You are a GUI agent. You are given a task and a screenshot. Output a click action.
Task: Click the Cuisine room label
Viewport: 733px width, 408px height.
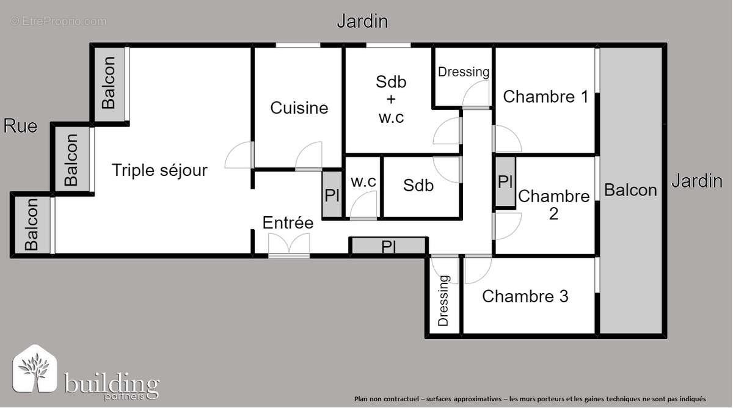coord(299,108)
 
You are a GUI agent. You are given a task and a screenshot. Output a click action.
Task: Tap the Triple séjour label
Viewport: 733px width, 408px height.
coord(159,170)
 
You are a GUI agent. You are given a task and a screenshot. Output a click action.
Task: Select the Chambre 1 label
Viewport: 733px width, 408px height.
coord(545,97)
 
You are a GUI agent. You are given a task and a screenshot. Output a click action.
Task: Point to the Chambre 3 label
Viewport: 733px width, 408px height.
coord(525,296)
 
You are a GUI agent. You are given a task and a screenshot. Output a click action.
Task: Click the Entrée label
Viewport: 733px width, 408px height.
coord(288,223)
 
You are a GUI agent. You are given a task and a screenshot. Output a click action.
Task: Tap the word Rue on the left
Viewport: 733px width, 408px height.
coord(20,126)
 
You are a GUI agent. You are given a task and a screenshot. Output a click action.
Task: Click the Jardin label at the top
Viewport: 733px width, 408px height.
coord(362,21)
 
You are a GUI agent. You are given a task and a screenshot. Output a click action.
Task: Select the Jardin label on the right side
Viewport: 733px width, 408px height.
coord(697,181)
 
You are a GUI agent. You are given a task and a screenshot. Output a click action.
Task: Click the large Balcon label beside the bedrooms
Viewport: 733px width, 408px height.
coord(630,190)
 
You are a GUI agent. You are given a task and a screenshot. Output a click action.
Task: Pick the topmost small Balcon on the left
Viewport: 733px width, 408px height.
coord(109,82)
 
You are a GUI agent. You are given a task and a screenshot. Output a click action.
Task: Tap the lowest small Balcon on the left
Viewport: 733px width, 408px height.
coord(31,225)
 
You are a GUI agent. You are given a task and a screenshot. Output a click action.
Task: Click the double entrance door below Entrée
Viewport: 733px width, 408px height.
coord(289,246)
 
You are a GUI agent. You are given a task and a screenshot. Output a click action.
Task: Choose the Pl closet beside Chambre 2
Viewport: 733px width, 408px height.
coord(505,182)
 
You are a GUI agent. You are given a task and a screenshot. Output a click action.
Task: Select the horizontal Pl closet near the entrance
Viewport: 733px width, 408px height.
coord(388,247)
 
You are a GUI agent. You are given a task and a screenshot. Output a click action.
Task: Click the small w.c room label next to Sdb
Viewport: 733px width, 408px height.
coord(363,182)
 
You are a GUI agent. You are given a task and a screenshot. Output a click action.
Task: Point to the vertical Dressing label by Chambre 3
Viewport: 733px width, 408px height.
coord(443,301)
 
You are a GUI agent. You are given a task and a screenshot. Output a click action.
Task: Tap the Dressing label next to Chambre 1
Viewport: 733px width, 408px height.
coord(464,71)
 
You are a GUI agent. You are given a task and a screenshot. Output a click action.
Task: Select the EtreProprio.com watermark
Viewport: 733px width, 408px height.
coord(58,21)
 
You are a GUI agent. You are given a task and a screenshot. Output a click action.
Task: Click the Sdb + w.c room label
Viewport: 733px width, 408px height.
coord(391,99)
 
